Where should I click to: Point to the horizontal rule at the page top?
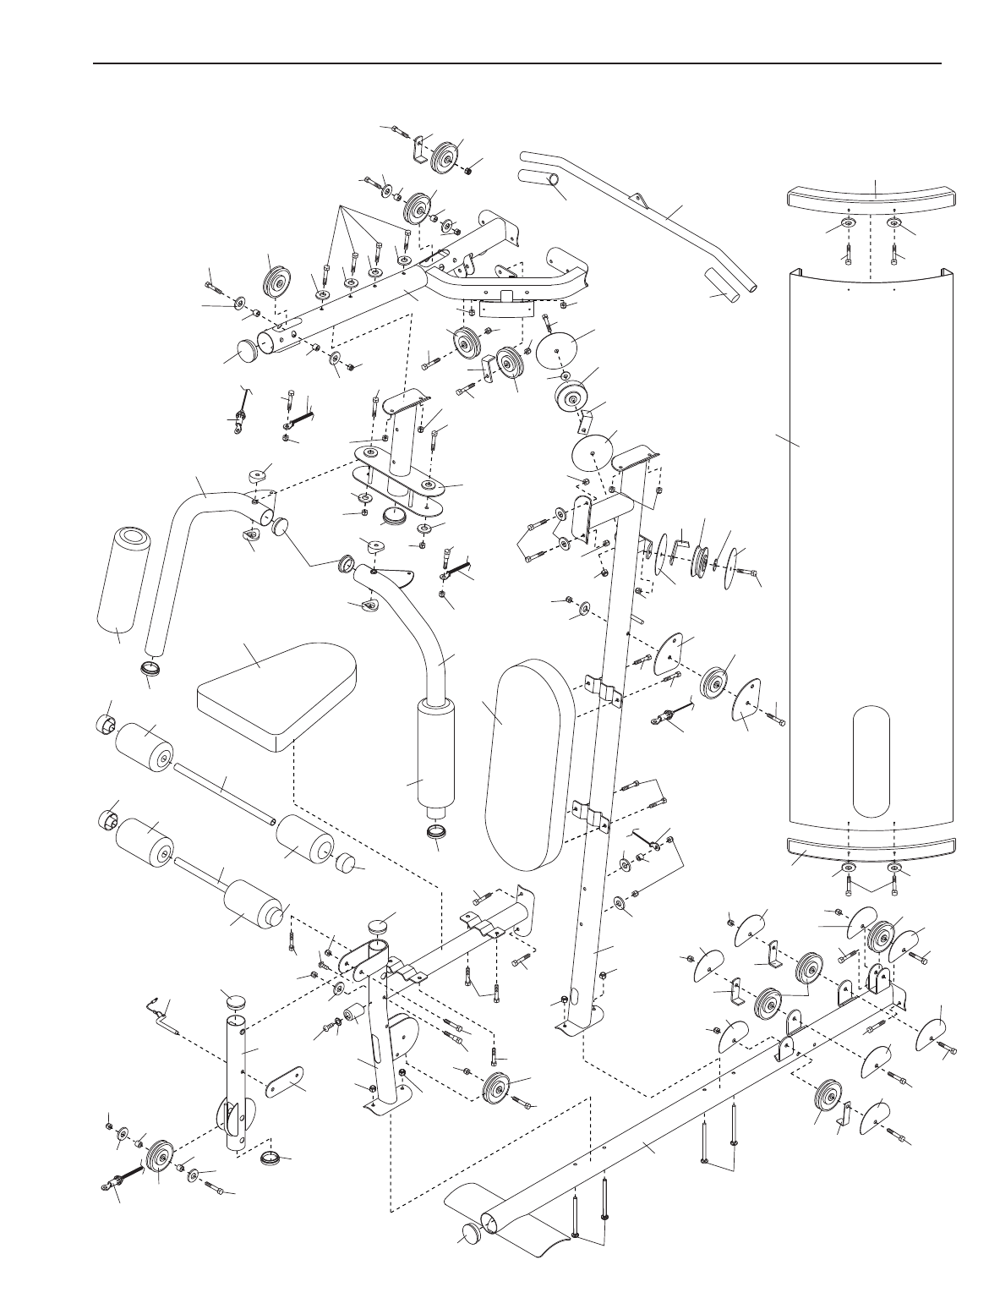click(x=517, y=63)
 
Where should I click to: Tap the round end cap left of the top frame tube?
click(x=248, y=349)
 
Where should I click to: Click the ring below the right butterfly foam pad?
click(x=435, y=832)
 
